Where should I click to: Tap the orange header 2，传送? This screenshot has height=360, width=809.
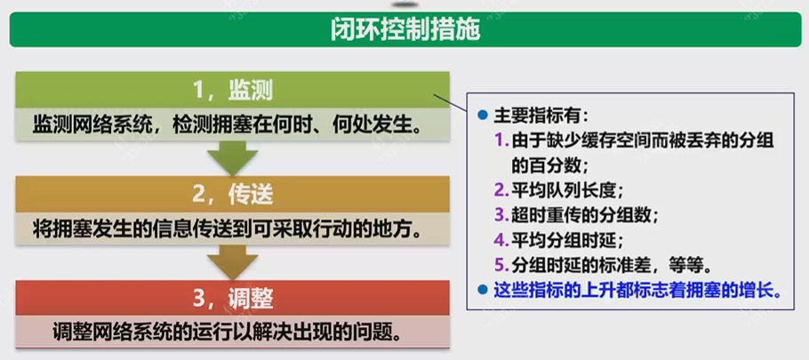click(x=232, y=193)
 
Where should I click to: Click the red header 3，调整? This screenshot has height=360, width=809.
click(x=232, y=297)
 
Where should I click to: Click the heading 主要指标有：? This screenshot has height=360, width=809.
click(x=541, y=116)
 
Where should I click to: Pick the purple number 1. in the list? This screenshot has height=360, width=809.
click(x=501, y=140)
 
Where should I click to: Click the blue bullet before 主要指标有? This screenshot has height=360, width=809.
click(x=482, y=116)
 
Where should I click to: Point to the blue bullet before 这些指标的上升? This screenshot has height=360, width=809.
click(x=482, y=290)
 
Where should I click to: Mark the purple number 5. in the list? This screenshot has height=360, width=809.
click(x=501, y=265)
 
